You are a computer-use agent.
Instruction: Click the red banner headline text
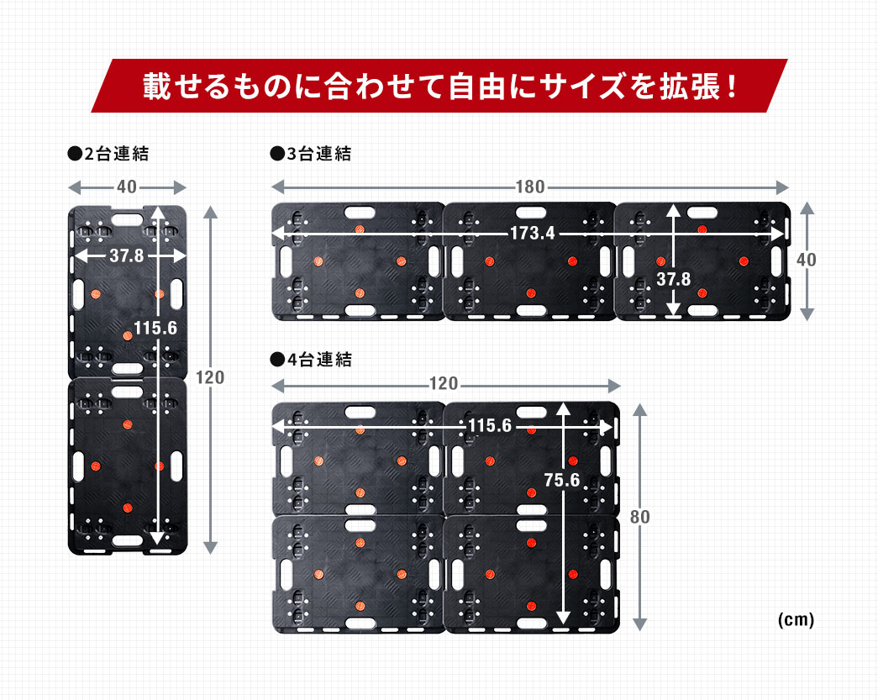click(439, 87)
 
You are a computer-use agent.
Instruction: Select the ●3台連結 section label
click(310, 154)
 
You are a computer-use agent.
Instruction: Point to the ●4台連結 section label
click(310, 360)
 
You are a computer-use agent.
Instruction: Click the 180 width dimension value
click(529, 187)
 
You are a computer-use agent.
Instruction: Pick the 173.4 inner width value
click(532, 233)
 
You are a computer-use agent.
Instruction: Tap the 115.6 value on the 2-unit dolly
click(155, 328)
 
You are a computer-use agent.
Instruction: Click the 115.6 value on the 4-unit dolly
click(489, 427)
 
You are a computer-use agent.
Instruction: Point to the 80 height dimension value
click(639, 517)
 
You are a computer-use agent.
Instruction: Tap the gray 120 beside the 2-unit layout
click(210, 377)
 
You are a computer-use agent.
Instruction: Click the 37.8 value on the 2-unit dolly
click(126, 255)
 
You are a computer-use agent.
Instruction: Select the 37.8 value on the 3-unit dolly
click(673, 279)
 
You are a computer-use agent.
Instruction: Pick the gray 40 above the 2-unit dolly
click(126, 187)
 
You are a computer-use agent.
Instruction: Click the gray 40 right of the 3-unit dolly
click(806, 261)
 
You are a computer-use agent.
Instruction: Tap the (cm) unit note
click(795, 620)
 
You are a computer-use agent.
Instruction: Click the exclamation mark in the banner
click(730, 87)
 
